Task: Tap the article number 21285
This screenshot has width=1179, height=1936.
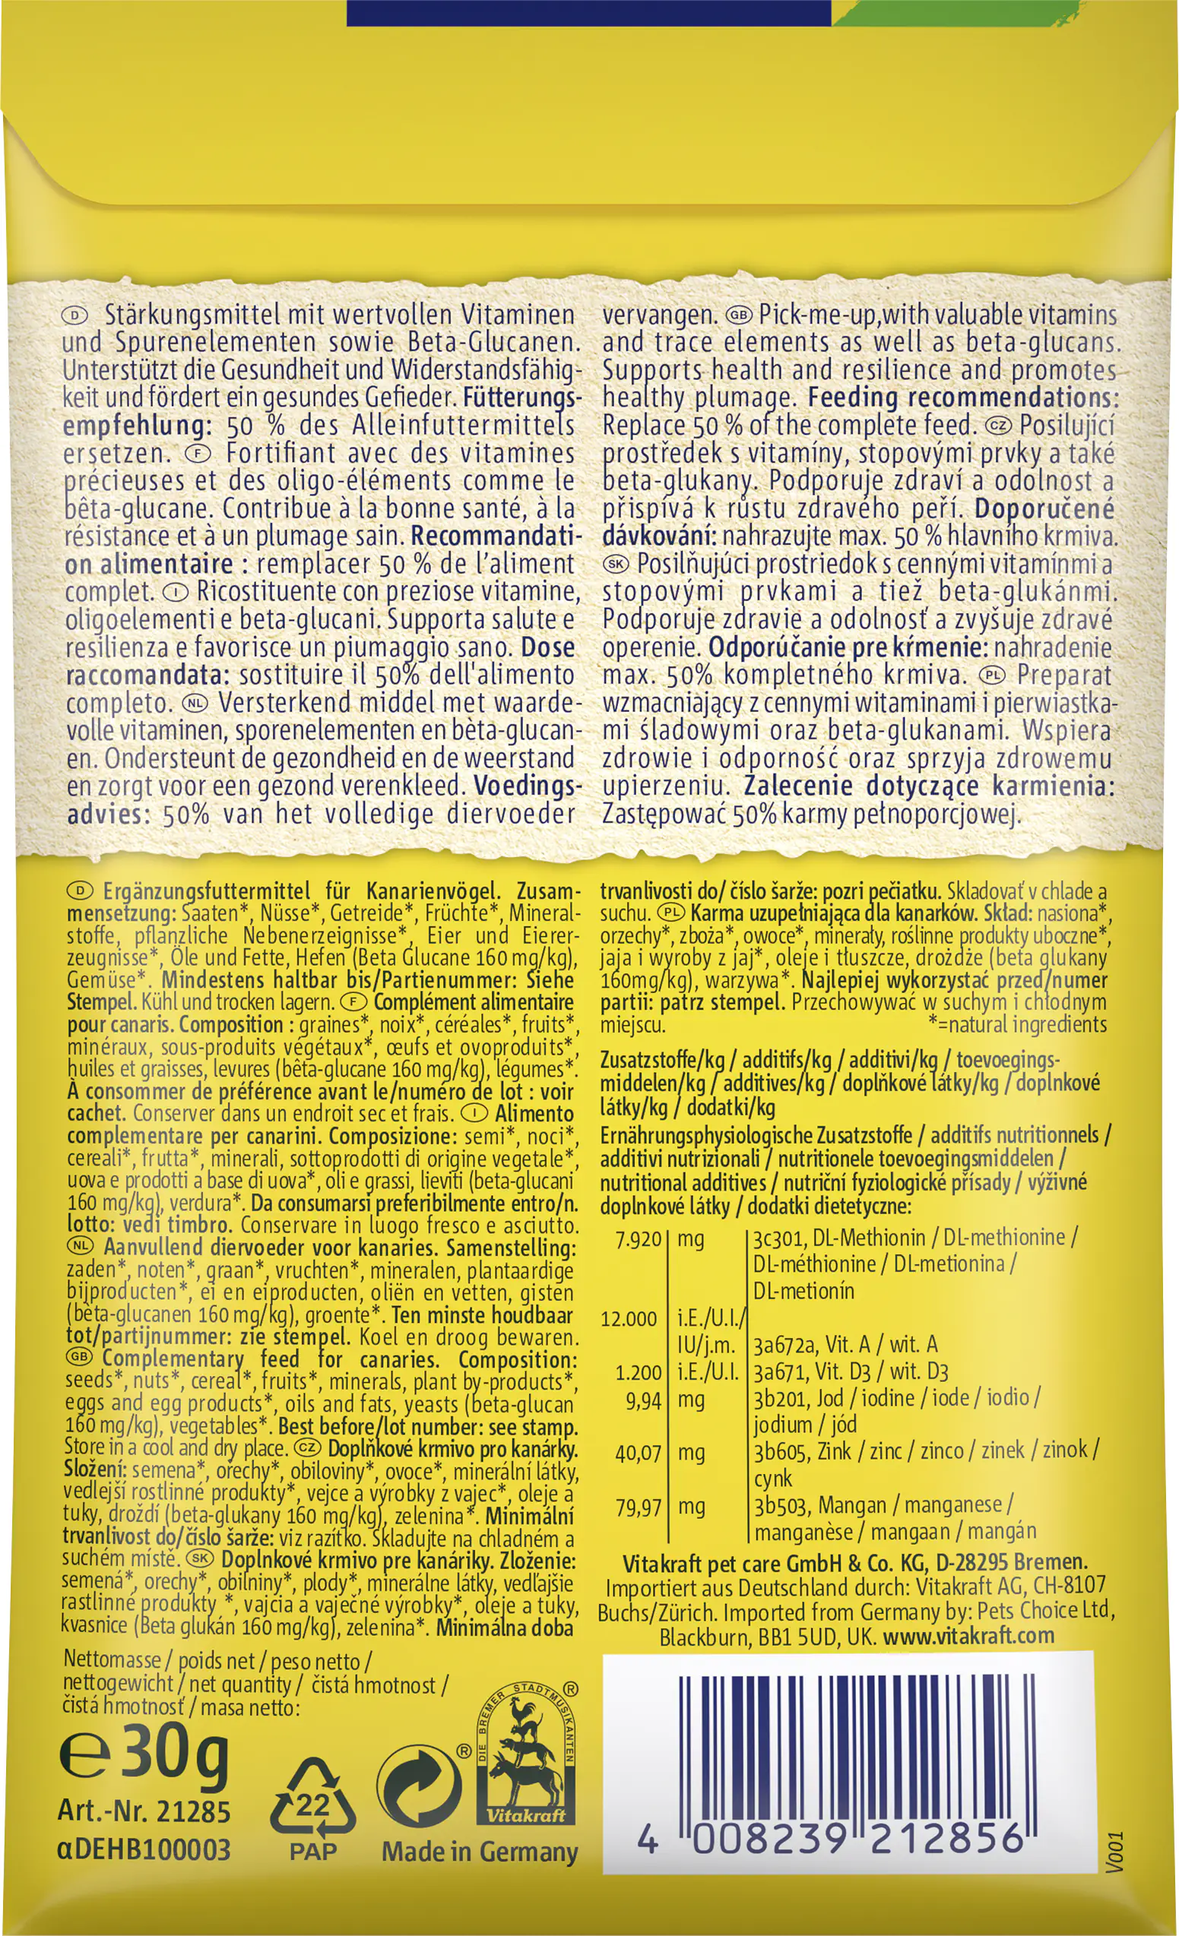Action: click(193, 1812)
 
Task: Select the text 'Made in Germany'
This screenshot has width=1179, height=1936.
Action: click(480, 1852)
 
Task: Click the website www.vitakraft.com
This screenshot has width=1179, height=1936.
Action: click(968, 1636)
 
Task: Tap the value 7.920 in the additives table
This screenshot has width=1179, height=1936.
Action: click(639, 1240)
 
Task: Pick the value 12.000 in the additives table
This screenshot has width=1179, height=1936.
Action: click(629, 1319)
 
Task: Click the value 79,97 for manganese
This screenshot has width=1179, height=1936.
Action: click(639, 1506)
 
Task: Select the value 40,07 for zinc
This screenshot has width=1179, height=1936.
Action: click(639, 1453)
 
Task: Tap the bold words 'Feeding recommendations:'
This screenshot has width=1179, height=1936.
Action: click(962, 397)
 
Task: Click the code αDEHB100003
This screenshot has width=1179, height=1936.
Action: click(144, 1849)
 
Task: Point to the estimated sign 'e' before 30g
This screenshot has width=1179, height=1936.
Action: click(84, 1758)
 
